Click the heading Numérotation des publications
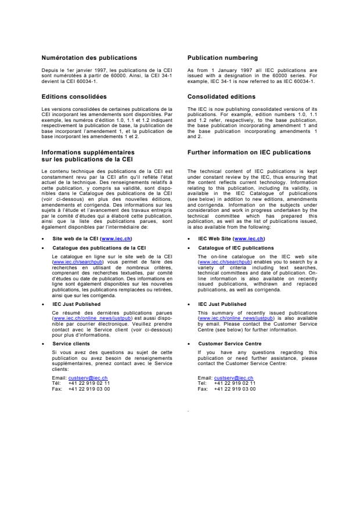point(89,57)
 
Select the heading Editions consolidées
point(74,96)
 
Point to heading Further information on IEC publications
point(249,152)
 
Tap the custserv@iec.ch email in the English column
point(233,377)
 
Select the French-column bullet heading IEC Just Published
point(76,304)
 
